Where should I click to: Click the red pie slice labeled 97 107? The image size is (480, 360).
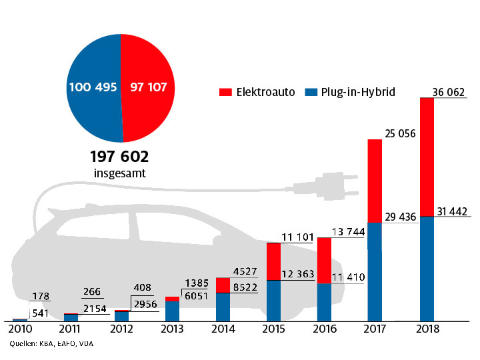pyautogui.click(x=148, y=87)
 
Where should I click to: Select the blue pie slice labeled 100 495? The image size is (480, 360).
pyautogui.click(x=93, y=87)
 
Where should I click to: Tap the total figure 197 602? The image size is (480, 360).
pyautogui.click(x=119, y=157)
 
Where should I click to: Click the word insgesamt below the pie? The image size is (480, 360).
pyautogui.click(x=119, y=173)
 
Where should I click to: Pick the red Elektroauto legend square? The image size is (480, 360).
pyautogui.click(x=225, y=92)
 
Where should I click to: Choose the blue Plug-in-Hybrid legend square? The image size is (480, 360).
pyautogui.click(x=309, y=92)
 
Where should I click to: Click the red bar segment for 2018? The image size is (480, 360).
pyautogui.click(x=426, y=157)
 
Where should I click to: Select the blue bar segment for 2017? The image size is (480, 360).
pyautogui.click(x=375, y=270)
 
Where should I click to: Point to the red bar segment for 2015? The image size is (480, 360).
pyautogui.click(x=273, y=261)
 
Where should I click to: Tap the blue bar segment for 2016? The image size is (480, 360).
pyautogui.click(x=324, y=302)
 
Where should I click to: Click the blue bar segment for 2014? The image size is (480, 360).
pyautogui.click(x=223, y=307)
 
